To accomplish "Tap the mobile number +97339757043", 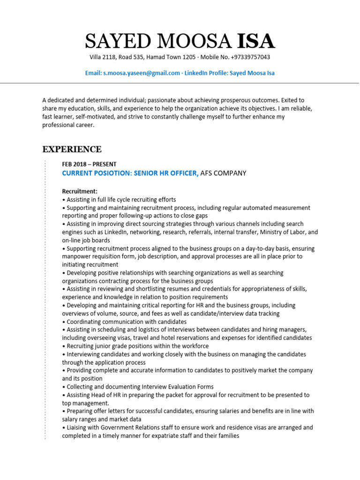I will (251, 57).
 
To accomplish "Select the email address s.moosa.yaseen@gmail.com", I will (142, 73).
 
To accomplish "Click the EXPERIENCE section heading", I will (72, 150).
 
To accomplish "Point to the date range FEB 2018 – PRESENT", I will (89, 164).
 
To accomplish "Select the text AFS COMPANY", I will (223, 173).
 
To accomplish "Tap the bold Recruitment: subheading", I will (80, 191).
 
